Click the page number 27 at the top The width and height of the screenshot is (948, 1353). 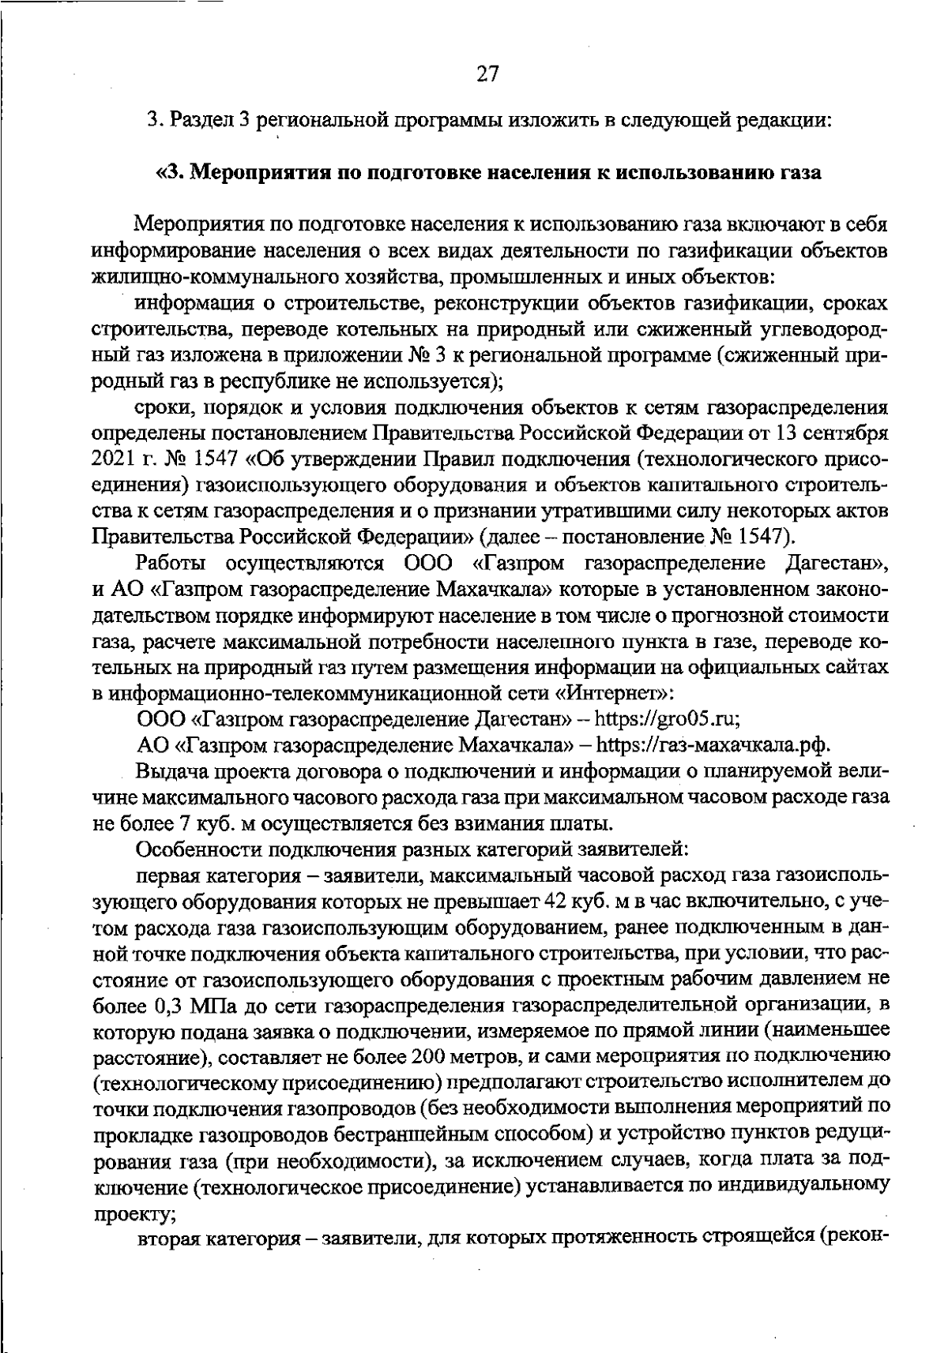[x=487, y=73]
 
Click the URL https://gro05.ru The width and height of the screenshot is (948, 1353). [x=666, y=719]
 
